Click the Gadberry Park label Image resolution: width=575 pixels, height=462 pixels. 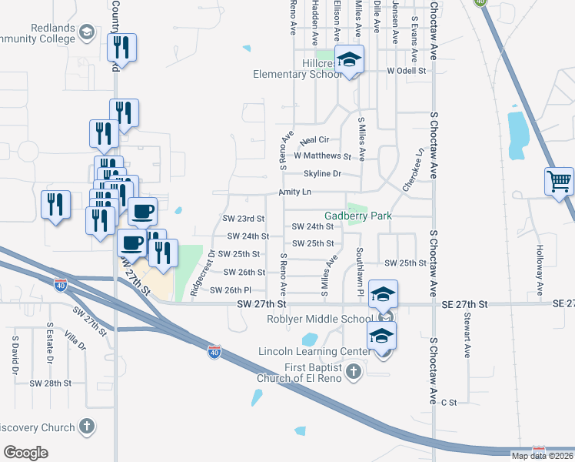[358, 216]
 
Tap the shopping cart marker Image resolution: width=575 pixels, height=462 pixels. [560, 182]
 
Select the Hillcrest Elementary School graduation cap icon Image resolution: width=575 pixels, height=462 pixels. [350, 61]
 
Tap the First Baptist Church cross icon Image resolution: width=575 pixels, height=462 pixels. [353, 373]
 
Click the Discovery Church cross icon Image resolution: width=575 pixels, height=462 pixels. [88, 427]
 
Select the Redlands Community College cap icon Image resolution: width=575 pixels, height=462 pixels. [87, 32]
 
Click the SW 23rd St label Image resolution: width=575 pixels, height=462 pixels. [243, 219]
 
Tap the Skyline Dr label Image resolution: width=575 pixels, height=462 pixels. [322, 174]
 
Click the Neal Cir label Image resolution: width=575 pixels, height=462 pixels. [314, 140]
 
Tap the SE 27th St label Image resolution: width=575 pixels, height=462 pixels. [465, 304]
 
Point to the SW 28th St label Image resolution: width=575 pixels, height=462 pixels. [50, 383]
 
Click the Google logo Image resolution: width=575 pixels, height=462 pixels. [25, 452]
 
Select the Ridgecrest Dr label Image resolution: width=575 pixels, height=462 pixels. [196, 273]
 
